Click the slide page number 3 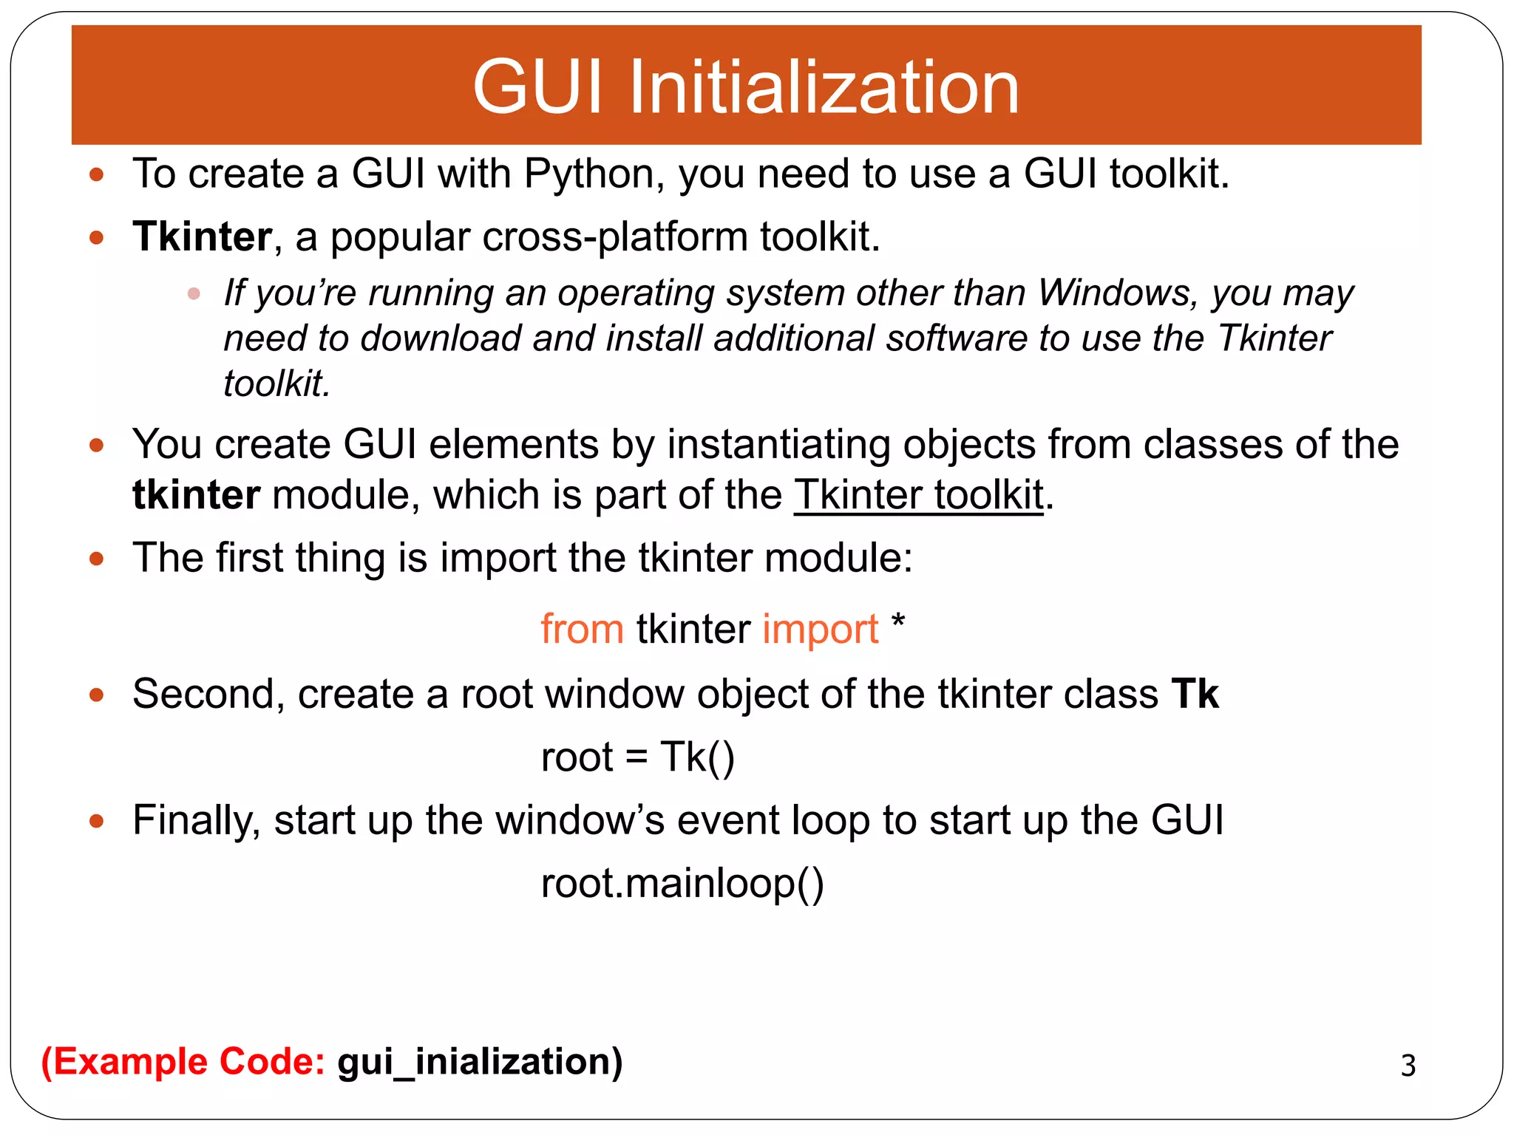[1408, 1066]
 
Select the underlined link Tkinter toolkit [919, 495]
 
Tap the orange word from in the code [582, 630]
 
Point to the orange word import [820, 630]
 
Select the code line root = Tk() [637, 757]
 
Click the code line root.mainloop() [682, 883]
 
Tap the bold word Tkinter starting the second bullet [202, 237]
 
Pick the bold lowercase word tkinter [196, 495]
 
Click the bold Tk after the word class [1195, 694]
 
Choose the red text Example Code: [183, 1062]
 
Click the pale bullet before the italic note [194, 294]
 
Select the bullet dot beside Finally [96, 820]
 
